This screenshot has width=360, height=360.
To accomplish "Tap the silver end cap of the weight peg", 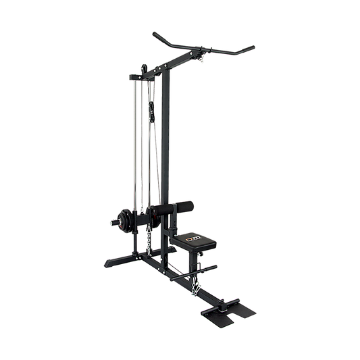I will pyautogui.click(x=109, y=220).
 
